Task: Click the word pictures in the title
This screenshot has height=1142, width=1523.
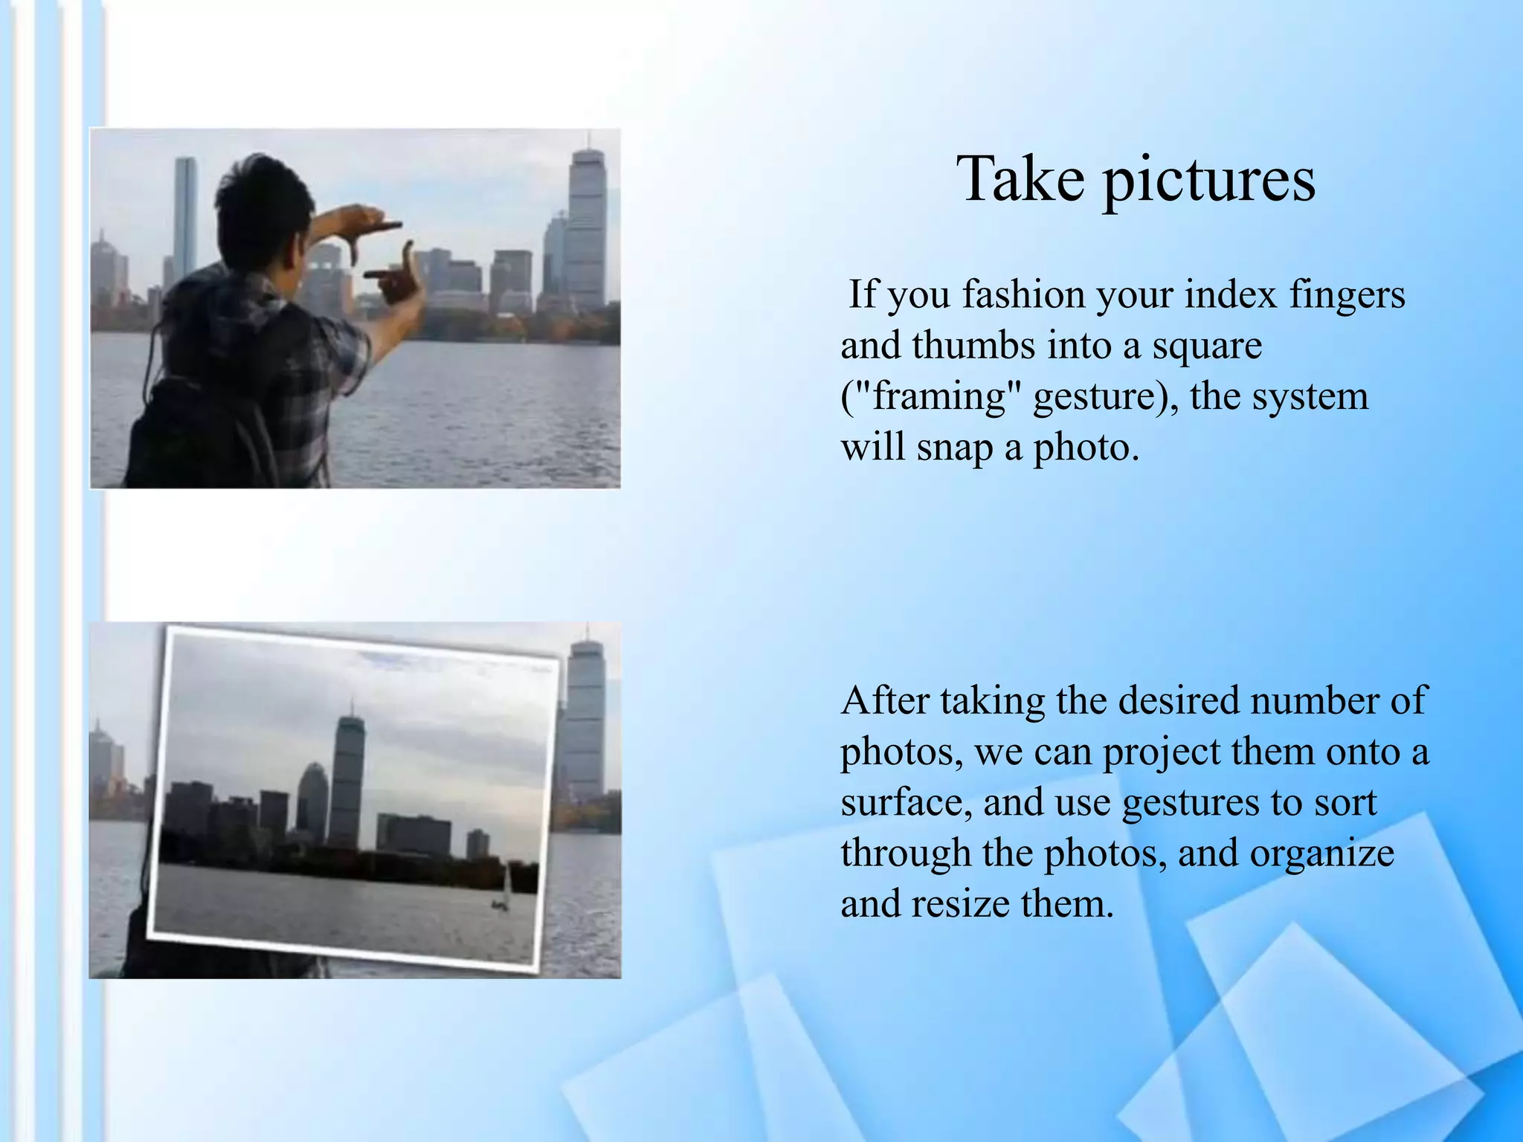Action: (1209, 181)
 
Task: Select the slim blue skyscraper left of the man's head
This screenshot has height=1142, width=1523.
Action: (186, 216)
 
